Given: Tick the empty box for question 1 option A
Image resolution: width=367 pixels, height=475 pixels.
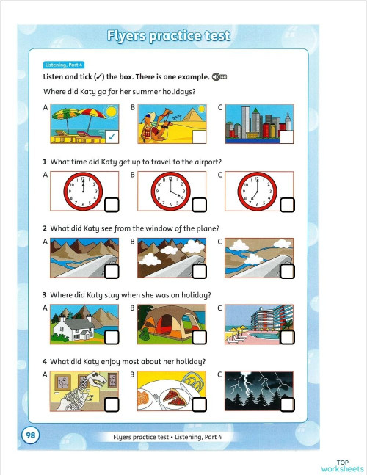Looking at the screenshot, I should point(112,203).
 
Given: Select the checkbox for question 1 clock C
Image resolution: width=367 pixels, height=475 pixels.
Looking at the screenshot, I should point(288,203).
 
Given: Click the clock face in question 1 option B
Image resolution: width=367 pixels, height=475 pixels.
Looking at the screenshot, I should point(170,189).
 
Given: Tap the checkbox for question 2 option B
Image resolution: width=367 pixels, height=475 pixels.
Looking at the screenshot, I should point(200,272).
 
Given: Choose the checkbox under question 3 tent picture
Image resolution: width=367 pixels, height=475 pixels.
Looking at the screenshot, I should point(200,338).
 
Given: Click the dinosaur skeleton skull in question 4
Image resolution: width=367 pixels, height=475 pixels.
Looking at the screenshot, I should point(95,382).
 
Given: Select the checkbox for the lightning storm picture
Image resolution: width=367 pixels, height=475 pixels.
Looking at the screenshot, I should point(288,405).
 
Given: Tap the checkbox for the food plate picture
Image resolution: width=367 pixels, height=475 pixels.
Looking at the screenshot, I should point(200,405).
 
